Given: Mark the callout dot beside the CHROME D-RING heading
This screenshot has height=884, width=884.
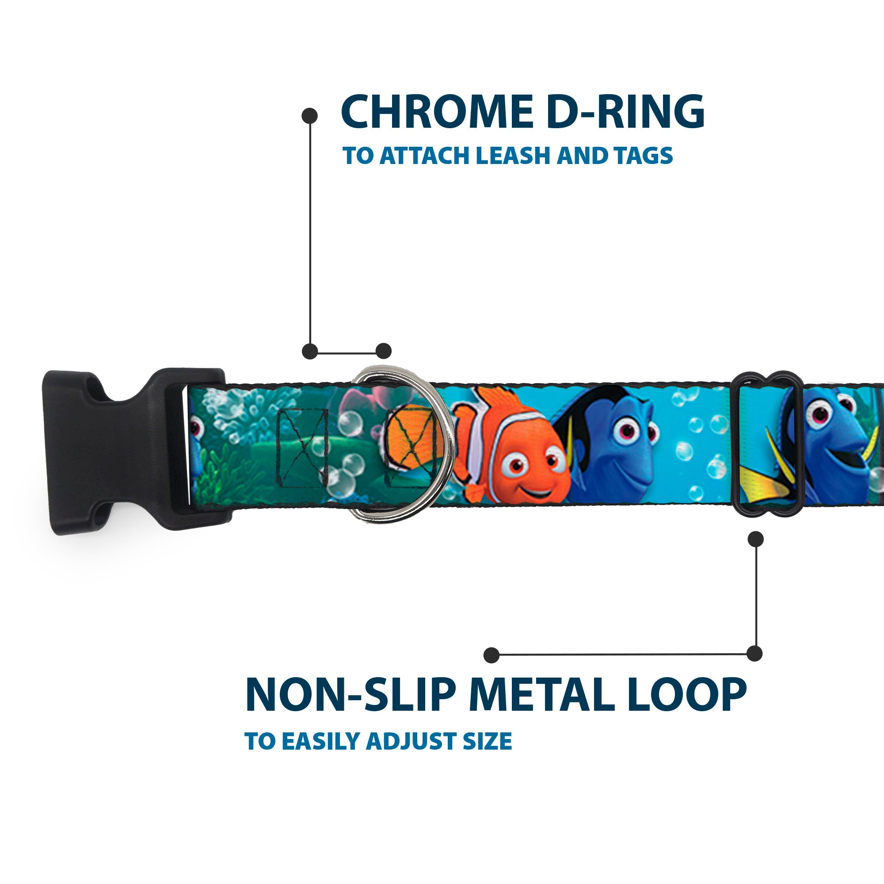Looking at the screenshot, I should [x=310, y=116].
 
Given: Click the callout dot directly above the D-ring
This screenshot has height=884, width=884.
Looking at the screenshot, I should [x=383, y=351].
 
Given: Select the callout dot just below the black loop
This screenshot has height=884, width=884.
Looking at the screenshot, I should [x=755, y=539].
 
